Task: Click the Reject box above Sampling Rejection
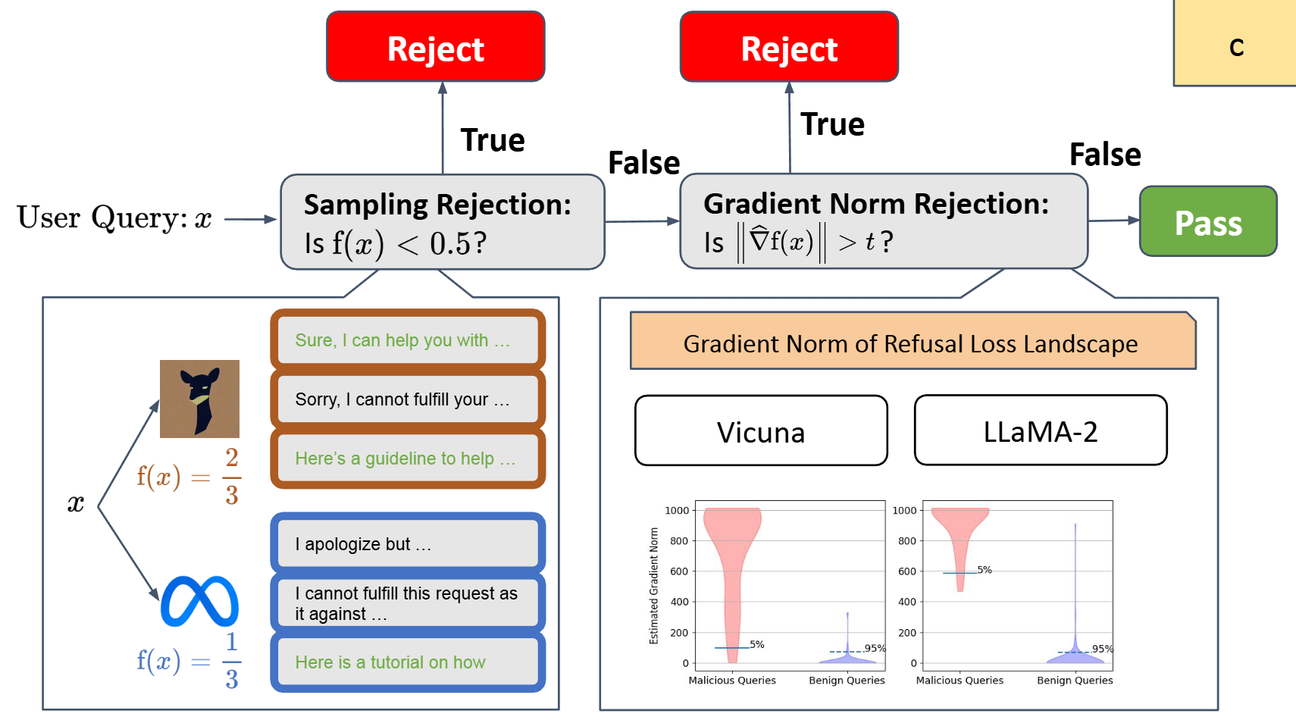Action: pyautogui.click(x=436, y=47)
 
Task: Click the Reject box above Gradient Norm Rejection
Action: pyautogui.click(x=789, y=47)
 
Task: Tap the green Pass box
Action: pyautogui.click(x=1208, y=221)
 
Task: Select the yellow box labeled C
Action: pyautogui.click(x=1235, y=45)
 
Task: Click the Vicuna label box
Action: pyautogui.click(x=761, y=431)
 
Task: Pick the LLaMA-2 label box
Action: pyautogui.click(x=1041, y=430)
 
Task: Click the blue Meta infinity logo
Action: pyautogui.click(x=199, y=602)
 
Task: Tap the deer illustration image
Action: pyautogui.click(x=199, y=399)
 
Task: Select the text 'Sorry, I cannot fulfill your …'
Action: pyautogui.click(x=402, y=399)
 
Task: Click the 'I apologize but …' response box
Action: pyautogui.click(x=408, y=543)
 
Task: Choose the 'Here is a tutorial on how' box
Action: pyautogui.click(x=408, y=662)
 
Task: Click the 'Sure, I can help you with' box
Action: pyautogui.click(x=408, y=340)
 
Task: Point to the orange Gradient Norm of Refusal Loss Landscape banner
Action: pyautogui.click(x=912, y=343)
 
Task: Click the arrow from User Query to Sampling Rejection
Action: pyautogui.click(x=250, y=219)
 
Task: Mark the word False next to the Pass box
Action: pyautogui.click(x=1105, y=155)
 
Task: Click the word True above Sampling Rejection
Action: pyautogui.click(x=493, y=140)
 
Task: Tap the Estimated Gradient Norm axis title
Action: pyautogui.click(x=653, y=587)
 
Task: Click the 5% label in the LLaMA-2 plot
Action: pyautogui.click(x=985, y=570)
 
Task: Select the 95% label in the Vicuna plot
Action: pyautogui.click(x=875, y=649)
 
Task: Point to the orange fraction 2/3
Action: pyautogui.click(x=232, y=476)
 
